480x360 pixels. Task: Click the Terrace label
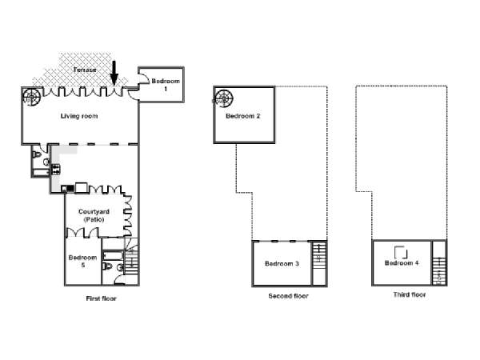[x=85, y=70]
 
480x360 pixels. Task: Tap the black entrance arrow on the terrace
[x=114, y=73]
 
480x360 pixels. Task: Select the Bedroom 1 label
[x=166, y=85]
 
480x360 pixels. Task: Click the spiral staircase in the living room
[x=31, y=97]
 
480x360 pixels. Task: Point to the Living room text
[x=79, y=116]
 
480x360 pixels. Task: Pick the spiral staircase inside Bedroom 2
[x=223, y=98]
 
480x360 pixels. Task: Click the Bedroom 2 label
[x=242, y=116]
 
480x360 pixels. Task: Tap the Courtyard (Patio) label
[x=94, y=215]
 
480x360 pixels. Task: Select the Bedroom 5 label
[x=82, y=261]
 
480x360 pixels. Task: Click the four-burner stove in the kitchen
[x=56, y=170]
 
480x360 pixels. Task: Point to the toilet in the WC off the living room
[x=37, y=154]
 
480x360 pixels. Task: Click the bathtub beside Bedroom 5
[x=113, y=255]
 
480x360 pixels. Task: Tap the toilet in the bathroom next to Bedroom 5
[x=107, y=266]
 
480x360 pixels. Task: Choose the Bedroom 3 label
[x=282, y=263]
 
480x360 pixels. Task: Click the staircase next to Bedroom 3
[x=319, y=263]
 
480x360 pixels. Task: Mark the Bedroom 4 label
[x=402, y=263]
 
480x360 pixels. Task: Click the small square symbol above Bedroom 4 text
[x=401, y=253]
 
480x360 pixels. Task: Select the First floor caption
[x=101, y=298]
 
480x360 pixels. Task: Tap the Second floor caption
[x=288, y=296]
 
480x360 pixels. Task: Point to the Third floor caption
[x=410, y=294]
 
